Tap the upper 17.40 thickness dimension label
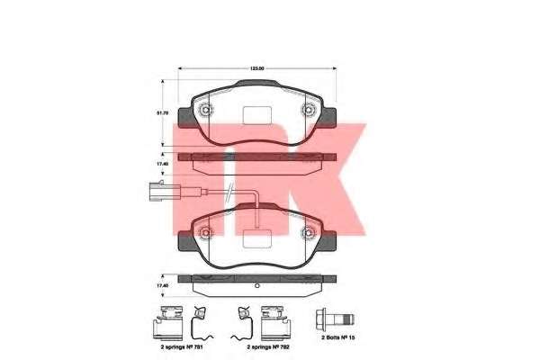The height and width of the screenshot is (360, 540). point(163,165)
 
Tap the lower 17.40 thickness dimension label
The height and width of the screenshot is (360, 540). point(163,286)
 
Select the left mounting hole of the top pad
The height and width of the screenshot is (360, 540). point(207,112)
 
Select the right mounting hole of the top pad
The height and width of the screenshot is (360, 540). point(309,112)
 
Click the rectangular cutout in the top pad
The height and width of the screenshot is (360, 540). point(258,114)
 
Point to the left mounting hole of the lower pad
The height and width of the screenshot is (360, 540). point(207,233)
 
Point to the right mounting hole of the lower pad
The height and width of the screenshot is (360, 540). point(309,233)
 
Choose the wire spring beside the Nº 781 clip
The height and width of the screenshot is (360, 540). point(201,319)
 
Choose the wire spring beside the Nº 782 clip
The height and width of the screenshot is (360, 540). point(240,319)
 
